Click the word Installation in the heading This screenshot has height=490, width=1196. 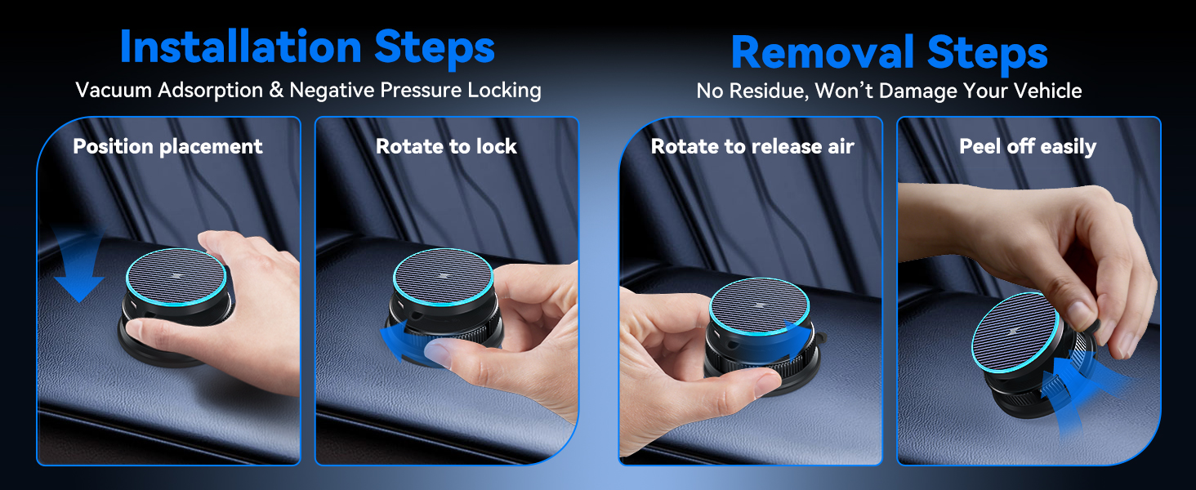(x=241, y=47)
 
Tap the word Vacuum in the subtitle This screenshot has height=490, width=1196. (x=114, y=90)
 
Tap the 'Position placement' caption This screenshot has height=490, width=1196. (x=167, y=146)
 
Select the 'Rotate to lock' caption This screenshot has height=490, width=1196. (x=446, y=146)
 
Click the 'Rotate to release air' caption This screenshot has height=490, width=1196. (x=753, y=146)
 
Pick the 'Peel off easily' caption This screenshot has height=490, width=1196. (x=1028, y=146)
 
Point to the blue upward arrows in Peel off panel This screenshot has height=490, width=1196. (x=1073, y=395)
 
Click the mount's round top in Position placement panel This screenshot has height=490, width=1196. (x=176, y=277)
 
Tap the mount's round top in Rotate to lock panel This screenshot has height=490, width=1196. (x=443, y=277)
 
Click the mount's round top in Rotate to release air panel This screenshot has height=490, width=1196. (x=759, y=306)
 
